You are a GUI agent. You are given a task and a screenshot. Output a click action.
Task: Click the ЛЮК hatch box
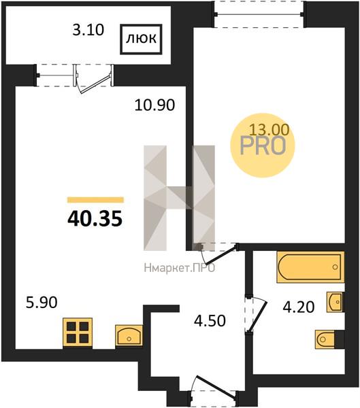[141, 39]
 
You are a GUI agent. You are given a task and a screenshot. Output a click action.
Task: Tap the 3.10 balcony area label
[88, 30]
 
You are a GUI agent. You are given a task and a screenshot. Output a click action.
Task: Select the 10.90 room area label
[154, 105]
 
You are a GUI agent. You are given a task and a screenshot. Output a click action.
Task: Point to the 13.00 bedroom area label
[269, 130]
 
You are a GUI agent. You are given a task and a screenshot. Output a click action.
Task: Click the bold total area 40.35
[95, 218]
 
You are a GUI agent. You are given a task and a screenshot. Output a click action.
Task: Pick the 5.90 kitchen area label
[42, 303]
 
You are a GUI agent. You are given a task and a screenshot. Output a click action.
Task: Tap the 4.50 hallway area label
[210, 320]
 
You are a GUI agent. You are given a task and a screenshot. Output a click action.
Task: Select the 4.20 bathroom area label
[299, 307]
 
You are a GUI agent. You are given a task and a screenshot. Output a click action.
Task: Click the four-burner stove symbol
[78, 333]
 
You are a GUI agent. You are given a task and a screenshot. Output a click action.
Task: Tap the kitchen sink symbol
[129, 335]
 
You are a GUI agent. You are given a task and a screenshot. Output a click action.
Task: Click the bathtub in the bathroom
[310, 267]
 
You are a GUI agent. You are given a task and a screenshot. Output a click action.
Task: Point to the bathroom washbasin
[335, 302]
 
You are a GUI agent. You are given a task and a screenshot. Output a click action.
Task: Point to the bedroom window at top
[259, 14]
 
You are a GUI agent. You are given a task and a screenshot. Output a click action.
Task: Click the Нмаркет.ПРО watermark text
[180, 268]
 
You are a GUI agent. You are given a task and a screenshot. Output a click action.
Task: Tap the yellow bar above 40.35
[95, 199]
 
